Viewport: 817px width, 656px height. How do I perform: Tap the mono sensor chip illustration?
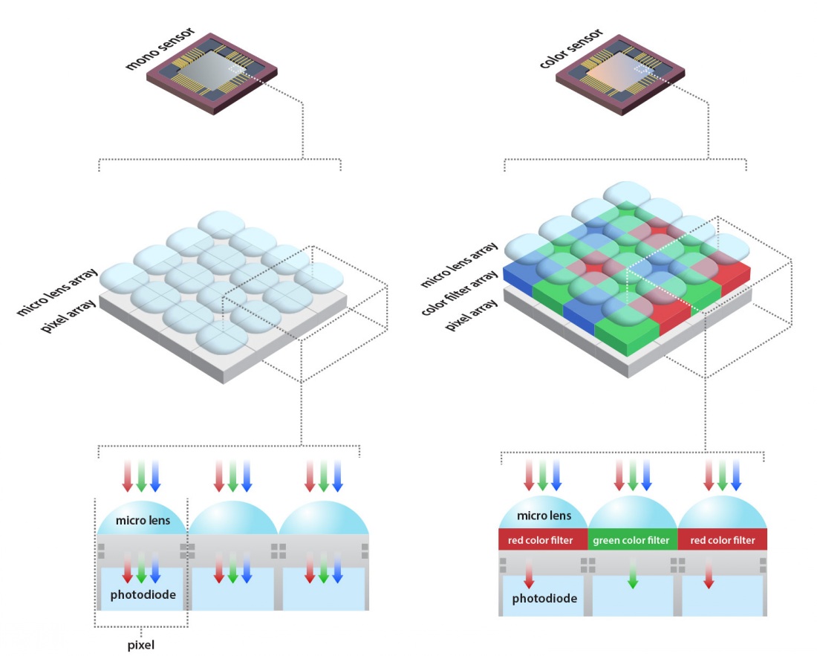point(212,72)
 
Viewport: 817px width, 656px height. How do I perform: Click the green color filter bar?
point(632,540)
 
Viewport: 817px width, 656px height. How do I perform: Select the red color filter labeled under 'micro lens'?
point(541,540)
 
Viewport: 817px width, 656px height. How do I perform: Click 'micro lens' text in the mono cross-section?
point(143,520)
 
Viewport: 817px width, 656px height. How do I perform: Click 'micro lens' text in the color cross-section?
point(545,516)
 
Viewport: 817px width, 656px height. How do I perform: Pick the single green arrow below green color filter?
point(632,575)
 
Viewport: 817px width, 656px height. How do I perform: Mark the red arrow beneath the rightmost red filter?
point(709,574)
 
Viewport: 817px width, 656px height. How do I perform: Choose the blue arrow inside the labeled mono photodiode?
point(154,569)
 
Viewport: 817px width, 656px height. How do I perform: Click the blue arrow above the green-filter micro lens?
point(647,475)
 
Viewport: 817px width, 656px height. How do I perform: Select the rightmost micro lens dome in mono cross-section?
point(324,516)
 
